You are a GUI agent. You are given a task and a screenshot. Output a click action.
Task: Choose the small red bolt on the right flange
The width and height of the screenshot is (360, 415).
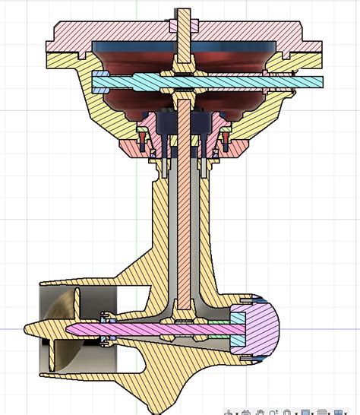[226, 139]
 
